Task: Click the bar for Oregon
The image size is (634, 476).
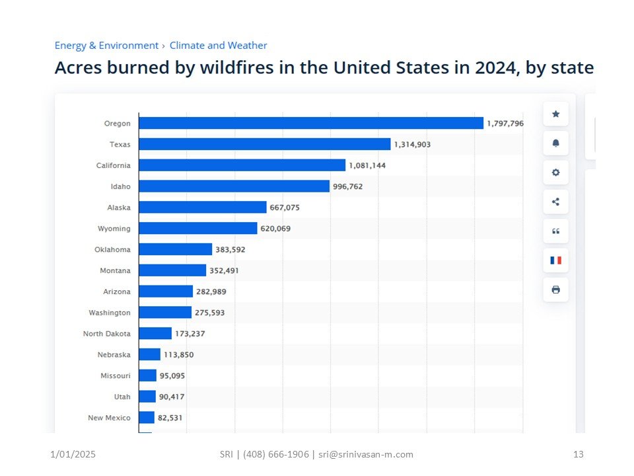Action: (x=310, y=123)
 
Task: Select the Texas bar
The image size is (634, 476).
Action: (x=264, y=144)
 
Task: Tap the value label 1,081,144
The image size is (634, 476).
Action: (x=367, y=165)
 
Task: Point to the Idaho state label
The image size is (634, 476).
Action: (x=120, y=186)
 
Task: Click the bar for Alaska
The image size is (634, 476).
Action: (x=202, y=208)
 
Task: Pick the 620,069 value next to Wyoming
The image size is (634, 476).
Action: (x=275, y=229)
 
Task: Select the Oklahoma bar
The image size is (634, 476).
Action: (x=175, y=249)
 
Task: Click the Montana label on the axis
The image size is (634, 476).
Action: (x=116, y=270)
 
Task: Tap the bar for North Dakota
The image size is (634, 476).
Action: (x=155, y=333)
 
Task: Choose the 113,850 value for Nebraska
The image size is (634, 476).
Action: (x=179, y=354)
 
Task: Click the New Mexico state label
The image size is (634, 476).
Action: (x=109, y=418)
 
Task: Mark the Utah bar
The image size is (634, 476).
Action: (x=147, y=397)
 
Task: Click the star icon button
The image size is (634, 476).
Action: (x=555, y=114)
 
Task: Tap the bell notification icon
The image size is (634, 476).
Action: (x=555, y=143)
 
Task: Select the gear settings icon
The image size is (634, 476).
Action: (x=555, y=173)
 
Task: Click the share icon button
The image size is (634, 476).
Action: (x=555, y=202)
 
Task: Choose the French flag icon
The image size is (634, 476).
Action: (x=555, y=260)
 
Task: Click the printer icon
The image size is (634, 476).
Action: (x=555, y=290)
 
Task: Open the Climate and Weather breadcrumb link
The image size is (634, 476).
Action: (x=218, y=46)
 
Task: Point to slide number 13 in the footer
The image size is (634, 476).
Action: (x=579, y=454)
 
